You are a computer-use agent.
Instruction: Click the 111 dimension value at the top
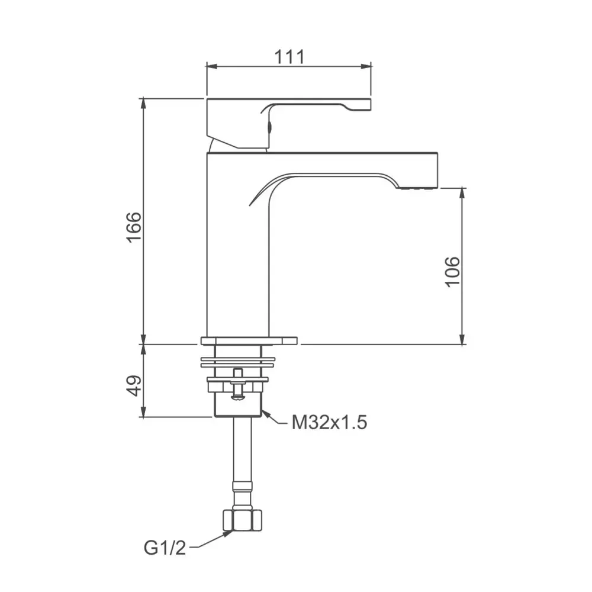[289, 57]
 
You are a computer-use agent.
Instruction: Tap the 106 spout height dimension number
[452, 271]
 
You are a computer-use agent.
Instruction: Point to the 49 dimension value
[134, 385]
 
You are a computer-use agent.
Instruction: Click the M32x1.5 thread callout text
[329, 423]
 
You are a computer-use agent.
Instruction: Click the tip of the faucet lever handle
[362, 105]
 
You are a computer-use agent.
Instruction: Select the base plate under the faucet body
[249, 340]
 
